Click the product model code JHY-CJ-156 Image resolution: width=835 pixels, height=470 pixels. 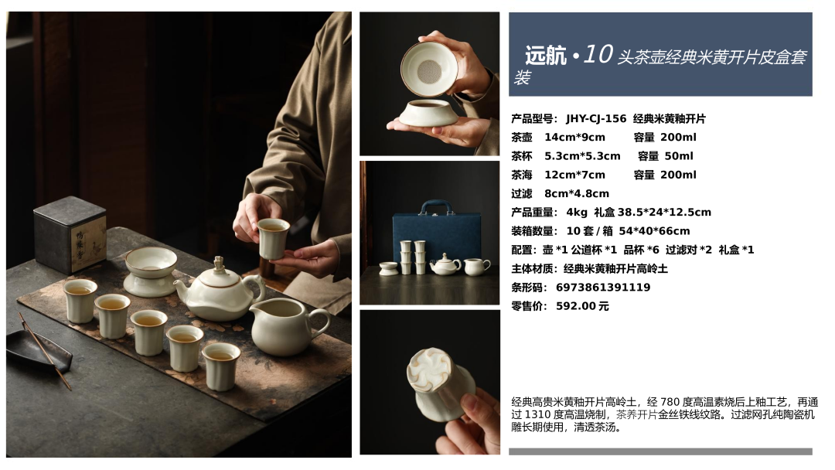(596, 119)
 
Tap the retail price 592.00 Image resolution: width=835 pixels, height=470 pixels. (575, 306)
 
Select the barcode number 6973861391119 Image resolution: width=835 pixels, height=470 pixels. (603, 288)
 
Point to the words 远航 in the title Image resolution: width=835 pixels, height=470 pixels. (545, 56)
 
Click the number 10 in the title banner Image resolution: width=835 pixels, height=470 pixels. (598, 54)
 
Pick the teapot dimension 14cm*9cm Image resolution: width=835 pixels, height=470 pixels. (574, 138)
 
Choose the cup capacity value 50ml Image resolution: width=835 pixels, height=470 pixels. (679, 156)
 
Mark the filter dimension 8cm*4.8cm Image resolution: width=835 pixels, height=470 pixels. (577, 194)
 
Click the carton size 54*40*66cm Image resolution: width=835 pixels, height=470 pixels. (655, 231)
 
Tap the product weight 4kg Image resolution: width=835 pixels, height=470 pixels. (577, 213)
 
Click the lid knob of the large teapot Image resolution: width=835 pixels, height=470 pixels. (219, 264)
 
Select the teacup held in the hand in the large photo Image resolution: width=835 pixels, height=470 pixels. (273, 238)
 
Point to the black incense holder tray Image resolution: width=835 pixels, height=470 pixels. (39, 351)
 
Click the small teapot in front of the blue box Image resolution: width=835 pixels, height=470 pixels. (446, 264)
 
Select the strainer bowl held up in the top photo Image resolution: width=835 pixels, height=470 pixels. (429, 70)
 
